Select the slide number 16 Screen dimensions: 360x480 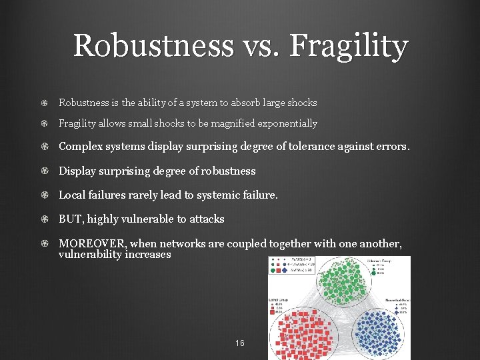(240, 343)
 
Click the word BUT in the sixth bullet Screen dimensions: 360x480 (70, 219)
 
